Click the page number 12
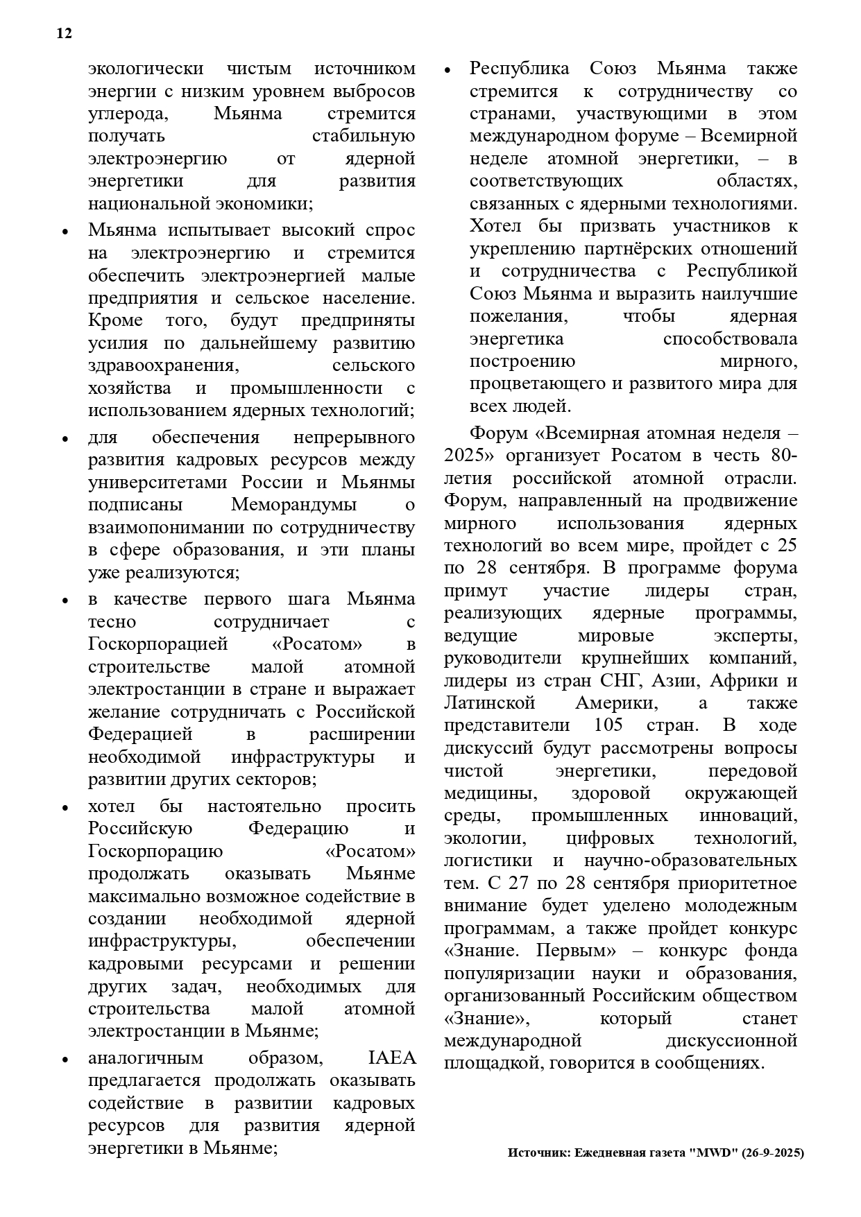tap(64, 33)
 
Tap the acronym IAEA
tap(391, 1058)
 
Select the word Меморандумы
tap(294, 504)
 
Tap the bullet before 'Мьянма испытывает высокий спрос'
tap(65, 232)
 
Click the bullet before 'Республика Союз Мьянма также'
tap(447, 71)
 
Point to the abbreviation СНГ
tap(628, 680)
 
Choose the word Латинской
tap(489, 703)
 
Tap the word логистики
tap(488, 861)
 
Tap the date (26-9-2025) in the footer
tap(772, 1153)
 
